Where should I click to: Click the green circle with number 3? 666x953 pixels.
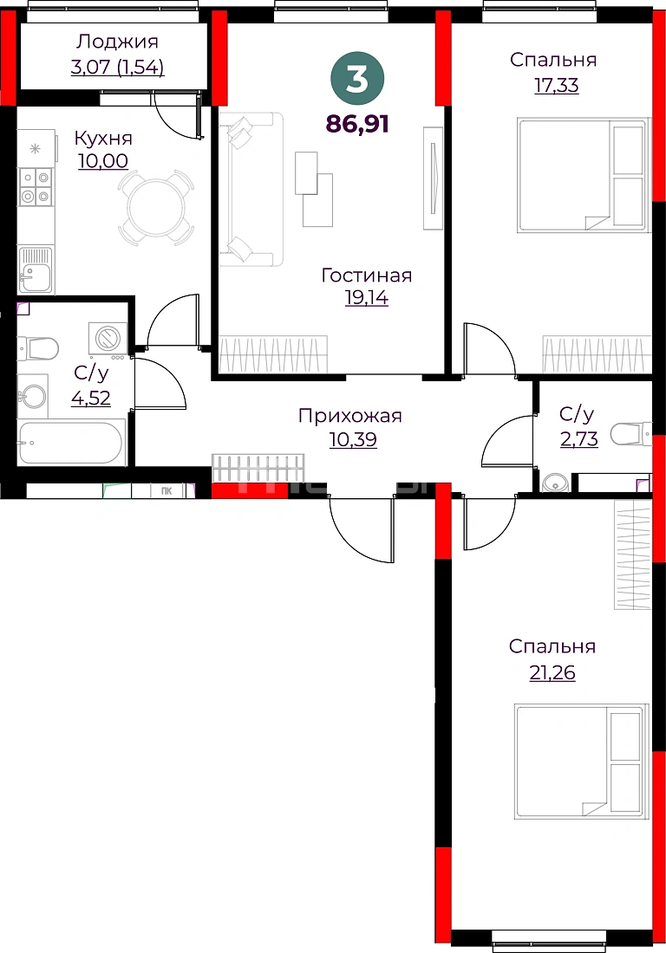click(357, 78)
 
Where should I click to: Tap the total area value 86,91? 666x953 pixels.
click(357, 124)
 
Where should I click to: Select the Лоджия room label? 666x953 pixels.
click(117, 42)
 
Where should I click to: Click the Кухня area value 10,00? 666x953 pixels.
click(103, 161)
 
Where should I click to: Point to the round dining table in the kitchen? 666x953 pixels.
click(156, 207)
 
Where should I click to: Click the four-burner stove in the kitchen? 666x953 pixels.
click(35, 186)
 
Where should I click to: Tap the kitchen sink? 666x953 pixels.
click(36, 269)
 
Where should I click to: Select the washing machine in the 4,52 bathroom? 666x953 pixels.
click(108, 337)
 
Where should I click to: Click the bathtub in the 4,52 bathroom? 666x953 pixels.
click(70, 443)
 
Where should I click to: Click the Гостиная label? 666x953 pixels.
click(366, 276)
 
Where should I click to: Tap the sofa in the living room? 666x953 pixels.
click(251, 189)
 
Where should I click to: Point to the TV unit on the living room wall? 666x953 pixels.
click(433, 178)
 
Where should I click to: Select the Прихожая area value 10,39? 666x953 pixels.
click(353, 439)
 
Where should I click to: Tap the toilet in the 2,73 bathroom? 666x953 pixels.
click(630, 434)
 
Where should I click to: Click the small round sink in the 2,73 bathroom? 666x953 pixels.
click(555, 483)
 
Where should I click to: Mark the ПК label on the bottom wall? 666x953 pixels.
click(166, 490)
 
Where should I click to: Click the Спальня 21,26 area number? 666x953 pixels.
click(552, 673)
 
